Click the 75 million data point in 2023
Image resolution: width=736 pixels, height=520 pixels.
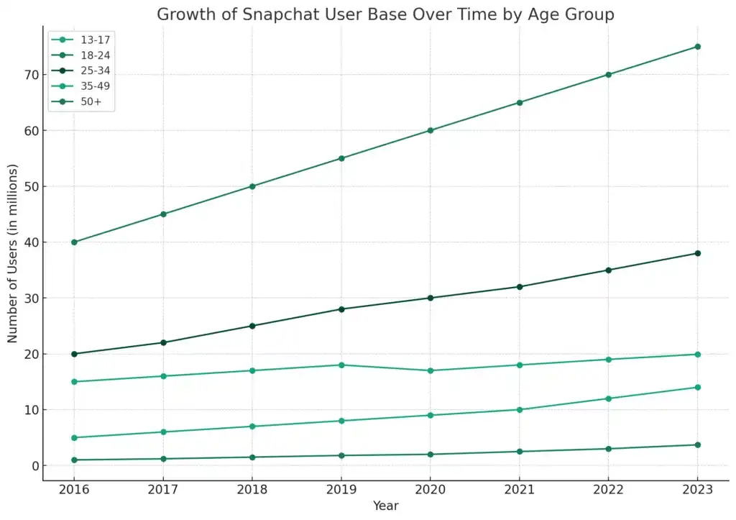pos(697,47)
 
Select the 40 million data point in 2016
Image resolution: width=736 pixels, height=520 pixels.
pos(74,242)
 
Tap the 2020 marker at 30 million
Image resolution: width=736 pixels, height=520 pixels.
pos(430,298)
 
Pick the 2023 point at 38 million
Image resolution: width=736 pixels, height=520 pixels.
pos(697,253)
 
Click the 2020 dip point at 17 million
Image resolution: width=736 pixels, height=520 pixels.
pos(430,370)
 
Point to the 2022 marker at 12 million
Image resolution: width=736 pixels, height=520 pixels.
pos(608,398)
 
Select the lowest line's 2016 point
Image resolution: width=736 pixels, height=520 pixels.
pos(74,460)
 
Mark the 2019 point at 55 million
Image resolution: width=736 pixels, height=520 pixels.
pos(341,158)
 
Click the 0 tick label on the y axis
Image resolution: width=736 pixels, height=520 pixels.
pos(32,466)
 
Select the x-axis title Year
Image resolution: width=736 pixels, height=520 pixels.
pos(385,506)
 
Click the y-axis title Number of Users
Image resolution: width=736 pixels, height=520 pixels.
pos(13,253)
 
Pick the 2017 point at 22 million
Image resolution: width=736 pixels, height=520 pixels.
pos(163,342)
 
